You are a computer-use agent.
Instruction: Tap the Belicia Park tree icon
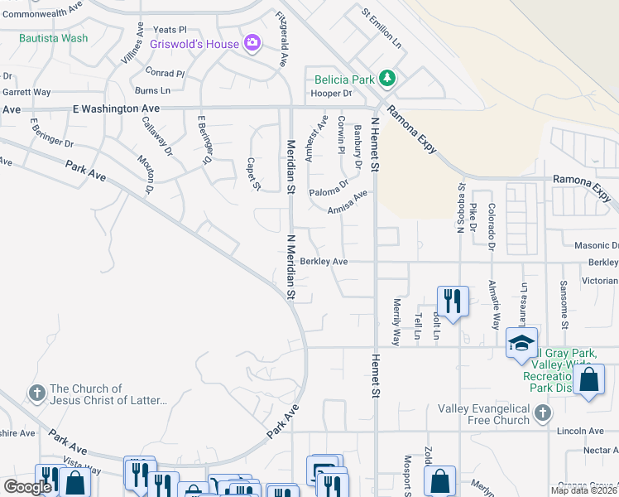[386, 80]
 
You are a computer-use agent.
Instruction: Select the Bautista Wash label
[53, 38]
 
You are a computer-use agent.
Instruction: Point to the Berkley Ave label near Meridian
[324, 261]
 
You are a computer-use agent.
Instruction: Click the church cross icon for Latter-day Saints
[36, 392]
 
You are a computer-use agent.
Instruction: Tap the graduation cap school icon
[521, 343]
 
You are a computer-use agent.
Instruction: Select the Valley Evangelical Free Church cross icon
[542, 412]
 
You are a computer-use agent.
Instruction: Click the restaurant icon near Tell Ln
[452, 299]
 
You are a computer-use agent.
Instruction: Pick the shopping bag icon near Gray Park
[588, 381]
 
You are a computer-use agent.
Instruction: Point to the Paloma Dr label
[328, 190]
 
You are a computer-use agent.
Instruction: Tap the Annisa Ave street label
[347, 202]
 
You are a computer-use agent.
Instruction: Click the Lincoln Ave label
[581, 431]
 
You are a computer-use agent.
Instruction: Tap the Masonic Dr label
[602, 245]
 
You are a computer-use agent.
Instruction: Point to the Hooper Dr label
[331, 94]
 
